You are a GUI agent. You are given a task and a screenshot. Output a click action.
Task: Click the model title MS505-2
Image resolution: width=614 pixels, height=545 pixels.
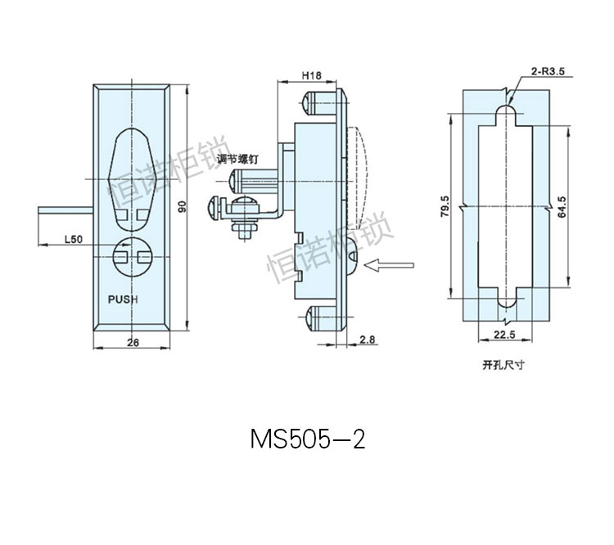click(307, 440)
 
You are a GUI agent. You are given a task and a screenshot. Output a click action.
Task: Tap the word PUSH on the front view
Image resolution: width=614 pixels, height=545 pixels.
click(123, 300)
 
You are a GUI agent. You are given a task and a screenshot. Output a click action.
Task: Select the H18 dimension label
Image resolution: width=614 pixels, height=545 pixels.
click(310, 75)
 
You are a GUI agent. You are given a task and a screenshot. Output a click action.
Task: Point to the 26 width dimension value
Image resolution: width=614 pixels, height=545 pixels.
click(133, 343)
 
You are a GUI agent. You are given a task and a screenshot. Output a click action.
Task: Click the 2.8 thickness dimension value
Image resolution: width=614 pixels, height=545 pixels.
click(368, 339)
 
